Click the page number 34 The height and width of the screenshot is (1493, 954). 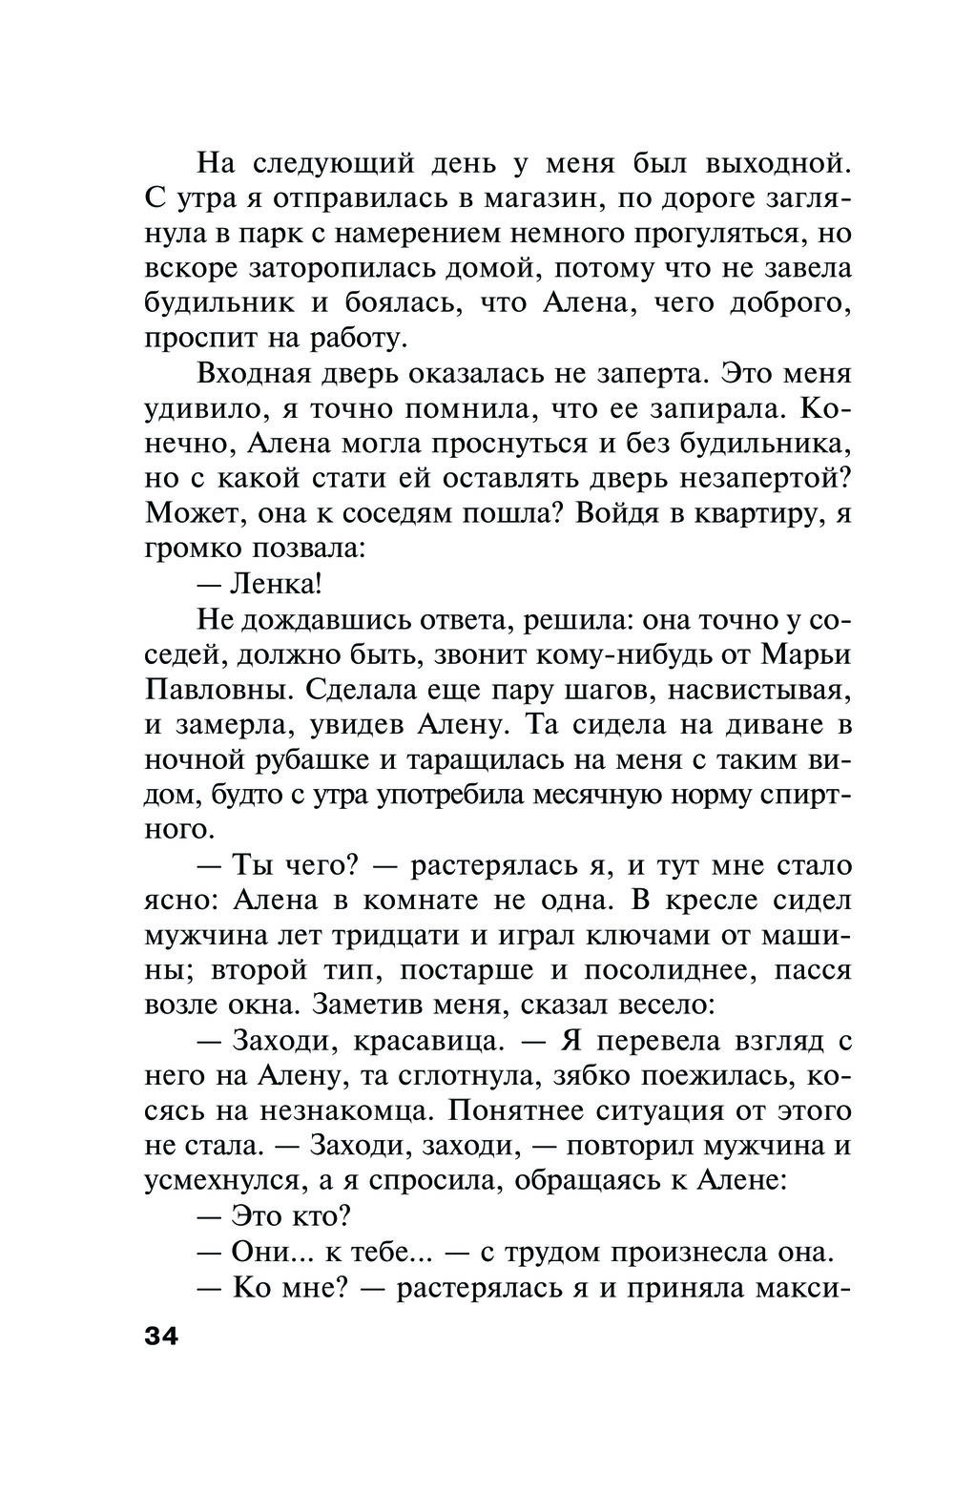pyautogui.click(x=161, y=1336)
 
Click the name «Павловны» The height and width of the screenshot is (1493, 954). pyautogui.click(x=215, y=689)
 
